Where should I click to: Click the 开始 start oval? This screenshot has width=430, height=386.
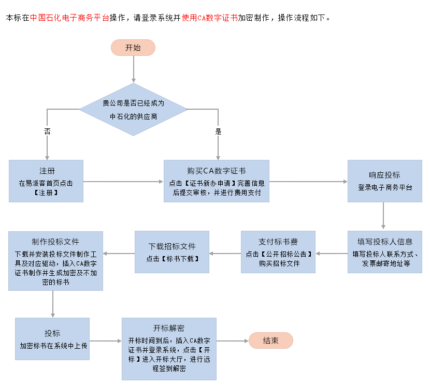click(x=133, y=48)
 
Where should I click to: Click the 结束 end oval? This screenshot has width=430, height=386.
click(x=271, y=340)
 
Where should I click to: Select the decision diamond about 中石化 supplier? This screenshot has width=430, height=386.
click(x=133, y=110)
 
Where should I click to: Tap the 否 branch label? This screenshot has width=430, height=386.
click(x=47, y=131)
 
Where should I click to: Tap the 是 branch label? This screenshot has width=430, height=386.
click(x=218, y=131)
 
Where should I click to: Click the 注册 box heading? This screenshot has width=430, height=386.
click(x=47, y=171)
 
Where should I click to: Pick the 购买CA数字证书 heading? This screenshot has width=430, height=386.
click(x=217, y=171)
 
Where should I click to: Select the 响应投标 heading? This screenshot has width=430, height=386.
click(x=384, y=175)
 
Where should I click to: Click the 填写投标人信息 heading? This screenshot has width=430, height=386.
click(x=385, y=242)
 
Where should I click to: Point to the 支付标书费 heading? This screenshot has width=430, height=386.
click(x=278, y=242)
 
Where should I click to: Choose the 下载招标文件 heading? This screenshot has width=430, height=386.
click(x=172, y=246)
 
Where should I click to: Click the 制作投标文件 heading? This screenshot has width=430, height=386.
click(x=55, y=242)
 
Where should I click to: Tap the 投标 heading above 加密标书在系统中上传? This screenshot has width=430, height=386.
click(x=52, y=333)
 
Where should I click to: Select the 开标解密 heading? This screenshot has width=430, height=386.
click(x=169, y=328)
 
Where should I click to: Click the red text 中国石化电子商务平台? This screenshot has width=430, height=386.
click(x=69, y=17)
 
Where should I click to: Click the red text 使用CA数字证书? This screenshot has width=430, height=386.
click(x=210, y=17)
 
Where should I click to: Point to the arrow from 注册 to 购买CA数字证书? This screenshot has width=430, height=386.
click(x=123, y=181)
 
